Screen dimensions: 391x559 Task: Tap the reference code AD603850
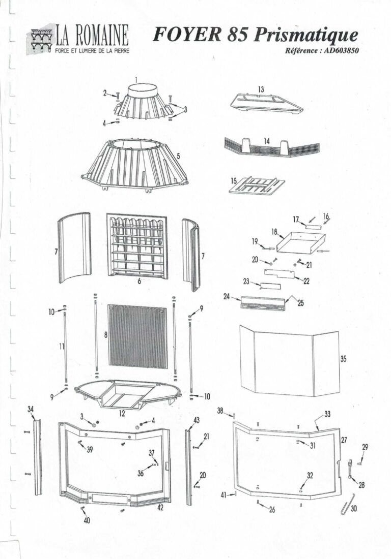click(341, 50)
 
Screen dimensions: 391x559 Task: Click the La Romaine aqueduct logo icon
click(41, 40)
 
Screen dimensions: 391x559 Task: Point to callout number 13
click(261, 89)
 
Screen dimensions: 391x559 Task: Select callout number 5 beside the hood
click(179, 156)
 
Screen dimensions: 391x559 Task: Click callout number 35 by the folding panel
click(343, 359)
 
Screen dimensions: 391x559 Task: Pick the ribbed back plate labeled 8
click(138, 336)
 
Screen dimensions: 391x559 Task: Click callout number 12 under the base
click(122, 413)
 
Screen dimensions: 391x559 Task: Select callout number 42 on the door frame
click(160, 508)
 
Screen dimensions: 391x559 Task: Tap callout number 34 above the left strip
click(31, 409)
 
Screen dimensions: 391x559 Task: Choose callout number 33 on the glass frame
click(327, 414)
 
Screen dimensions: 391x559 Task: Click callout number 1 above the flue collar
click(136, 79)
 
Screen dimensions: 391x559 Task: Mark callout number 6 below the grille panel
click(139, 281)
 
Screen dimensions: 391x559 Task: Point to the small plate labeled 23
click(271, 286)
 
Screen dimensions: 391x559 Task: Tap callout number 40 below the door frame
click(87, 520)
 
